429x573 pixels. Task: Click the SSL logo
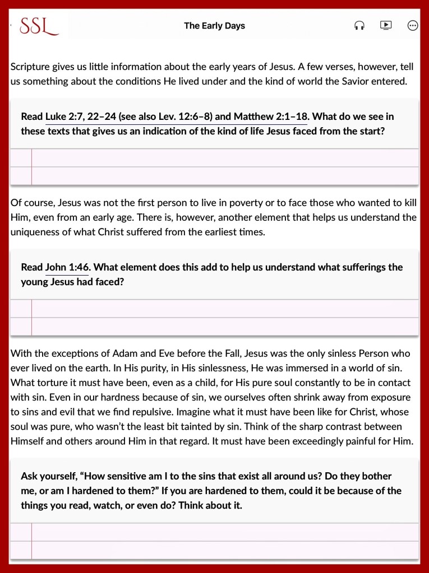(x=39, y=26)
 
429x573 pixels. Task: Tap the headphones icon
(x=359, y=26)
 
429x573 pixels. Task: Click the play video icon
(x=386, y=25)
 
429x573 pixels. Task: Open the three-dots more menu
(x=413, y=26)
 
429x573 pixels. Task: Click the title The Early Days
(x=214, y=26)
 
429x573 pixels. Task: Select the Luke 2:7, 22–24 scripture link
(x=81, y=117)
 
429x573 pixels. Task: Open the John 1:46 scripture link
(x=67, y=267)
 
